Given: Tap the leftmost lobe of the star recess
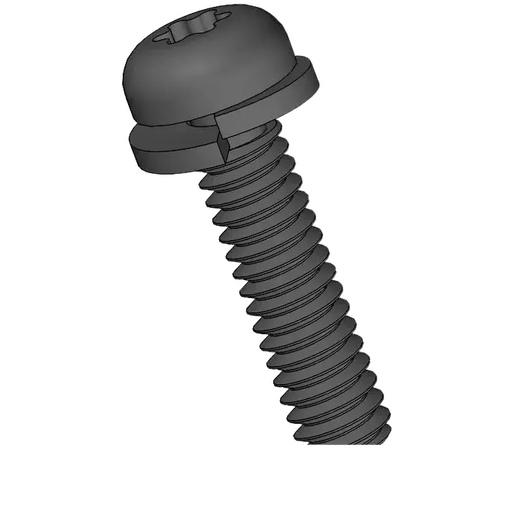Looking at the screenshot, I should (x=159, y=36).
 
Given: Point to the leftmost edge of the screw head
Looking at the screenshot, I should (x=123, y=83).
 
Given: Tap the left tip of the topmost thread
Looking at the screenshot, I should (x=203, y=181).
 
